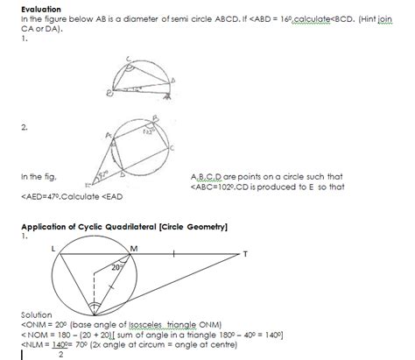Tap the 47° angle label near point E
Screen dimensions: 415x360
104,177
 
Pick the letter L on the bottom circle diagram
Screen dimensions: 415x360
54,248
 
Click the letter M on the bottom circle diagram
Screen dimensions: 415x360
134,248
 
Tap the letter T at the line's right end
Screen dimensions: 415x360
245,254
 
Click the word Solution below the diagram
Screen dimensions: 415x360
38,314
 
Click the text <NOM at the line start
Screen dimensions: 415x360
34,333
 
